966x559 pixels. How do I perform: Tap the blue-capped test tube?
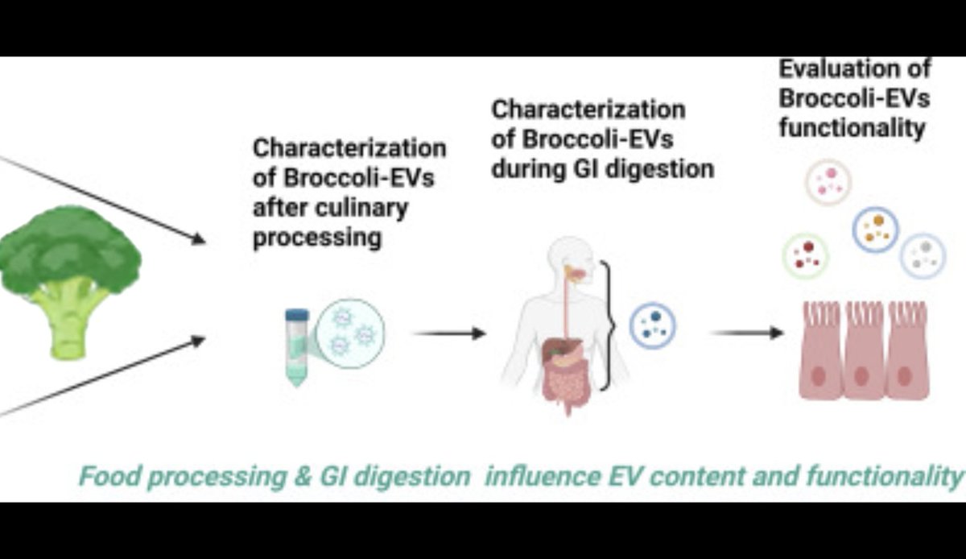[296, 346]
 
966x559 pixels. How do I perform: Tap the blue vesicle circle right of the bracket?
[653, 325]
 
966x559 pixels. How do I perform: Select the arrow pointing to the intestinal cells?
[747, 332]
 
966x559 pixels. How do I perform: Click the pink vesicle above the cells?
[828, 181]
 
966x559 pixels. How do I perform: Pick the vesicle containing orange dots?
[874, 229]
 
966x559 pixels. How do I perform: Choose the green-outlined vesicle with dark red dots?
[805, 255]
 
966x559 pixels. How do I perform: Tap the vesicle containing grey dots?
[923, 255]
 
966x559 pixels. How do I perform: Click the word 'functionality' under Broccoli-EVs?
[852, 127]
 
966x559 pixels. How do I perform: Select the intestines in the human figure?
[563, 375]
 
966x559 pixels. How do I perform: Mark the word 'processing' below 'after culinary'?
[316, 238]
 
